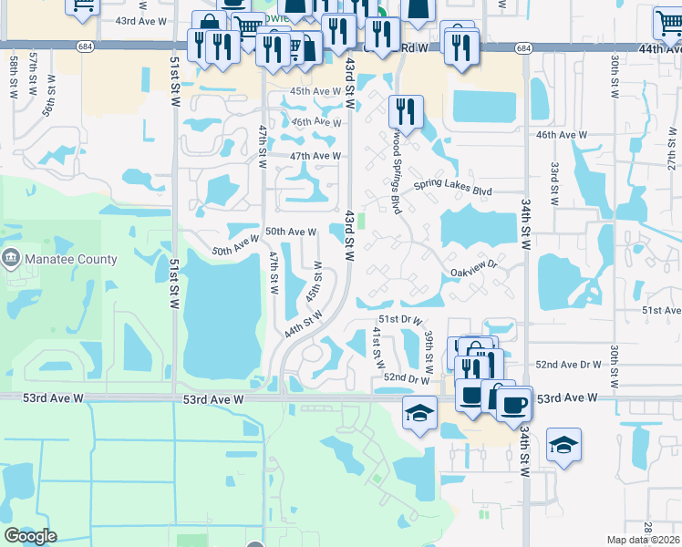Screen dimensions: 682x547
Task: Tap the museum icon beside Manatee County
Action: pos(12,259)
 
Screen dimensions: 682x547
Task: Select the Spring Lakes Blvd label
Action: pos(452,191)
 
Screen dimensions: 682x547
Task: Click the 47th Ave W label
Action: pos(315,156)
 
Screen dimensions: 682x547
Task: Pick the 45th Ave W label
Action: pos(315,91)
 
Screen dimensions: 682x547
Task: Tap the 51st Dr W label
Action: pos(402,320)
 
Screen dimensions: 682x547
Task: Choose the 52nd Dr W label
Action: pos(406,377)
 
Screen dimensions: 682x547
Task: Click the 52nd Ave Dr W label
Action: pos(568,364)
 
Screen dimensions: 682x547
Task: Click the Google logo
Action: pos(30,536)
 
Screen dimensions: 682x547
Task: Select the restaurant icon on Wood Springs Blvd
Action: pos(403,112)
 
